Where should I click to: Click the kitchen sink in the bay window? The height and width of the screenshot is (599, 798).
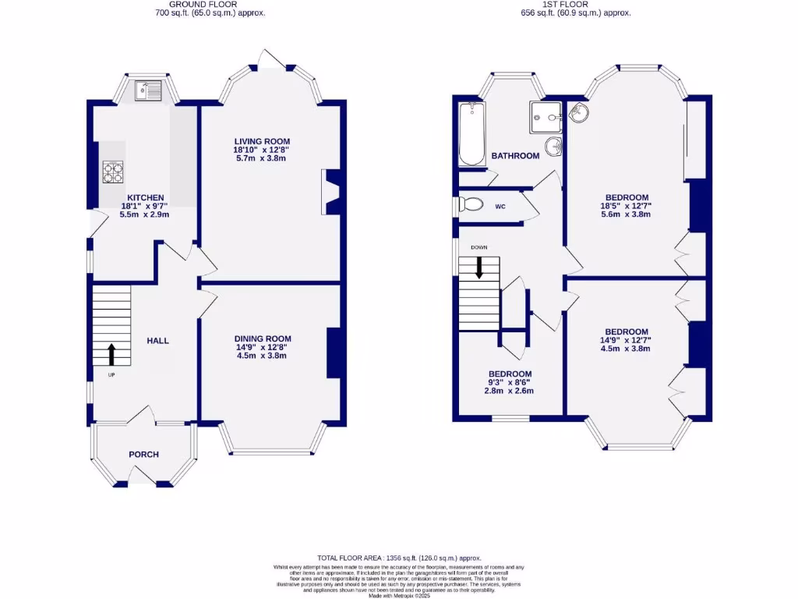pos(146,90)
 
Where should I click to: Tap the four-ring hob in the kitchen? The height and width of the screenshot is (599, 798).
pos(113,171)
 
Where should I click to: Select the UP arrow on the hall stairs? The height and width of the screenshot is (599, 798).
pos(111,354)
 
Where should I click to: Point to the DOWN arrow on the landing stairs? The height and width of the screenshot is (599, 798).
pos(478,268)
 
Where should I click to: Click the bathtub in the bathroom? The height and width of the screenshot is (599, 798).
pos(471,133)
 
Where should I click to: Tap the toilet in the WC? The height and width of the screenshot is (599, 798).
pos(470,205)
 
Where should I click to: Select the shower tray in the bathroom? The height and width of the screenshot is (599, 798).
pos(546,117)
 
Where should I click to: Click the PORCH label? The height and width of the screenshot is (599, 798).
pos(143,455)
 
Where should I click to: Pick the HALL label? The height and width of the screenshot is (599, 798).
pos(157,341)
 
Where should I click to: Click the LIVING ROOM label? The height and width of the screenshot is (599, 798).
pos(261,141)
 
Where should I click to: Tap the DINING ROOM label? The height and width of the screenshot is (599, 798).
pos(263,338)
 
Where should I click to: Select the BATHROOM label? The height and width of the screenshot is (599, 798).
pos(515,156)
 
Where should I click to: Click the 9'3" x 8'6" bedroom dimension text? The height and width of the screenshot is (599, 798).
pos(510,383)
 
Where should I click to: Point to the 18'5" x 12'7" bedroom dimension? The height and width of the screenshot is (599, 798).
pos(625,206)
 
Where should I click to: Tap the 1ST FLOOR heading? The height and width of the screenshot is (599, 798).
pos(575,4)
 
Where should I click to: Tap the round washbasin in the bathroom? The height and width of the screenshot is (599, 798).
pos(553,146)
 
